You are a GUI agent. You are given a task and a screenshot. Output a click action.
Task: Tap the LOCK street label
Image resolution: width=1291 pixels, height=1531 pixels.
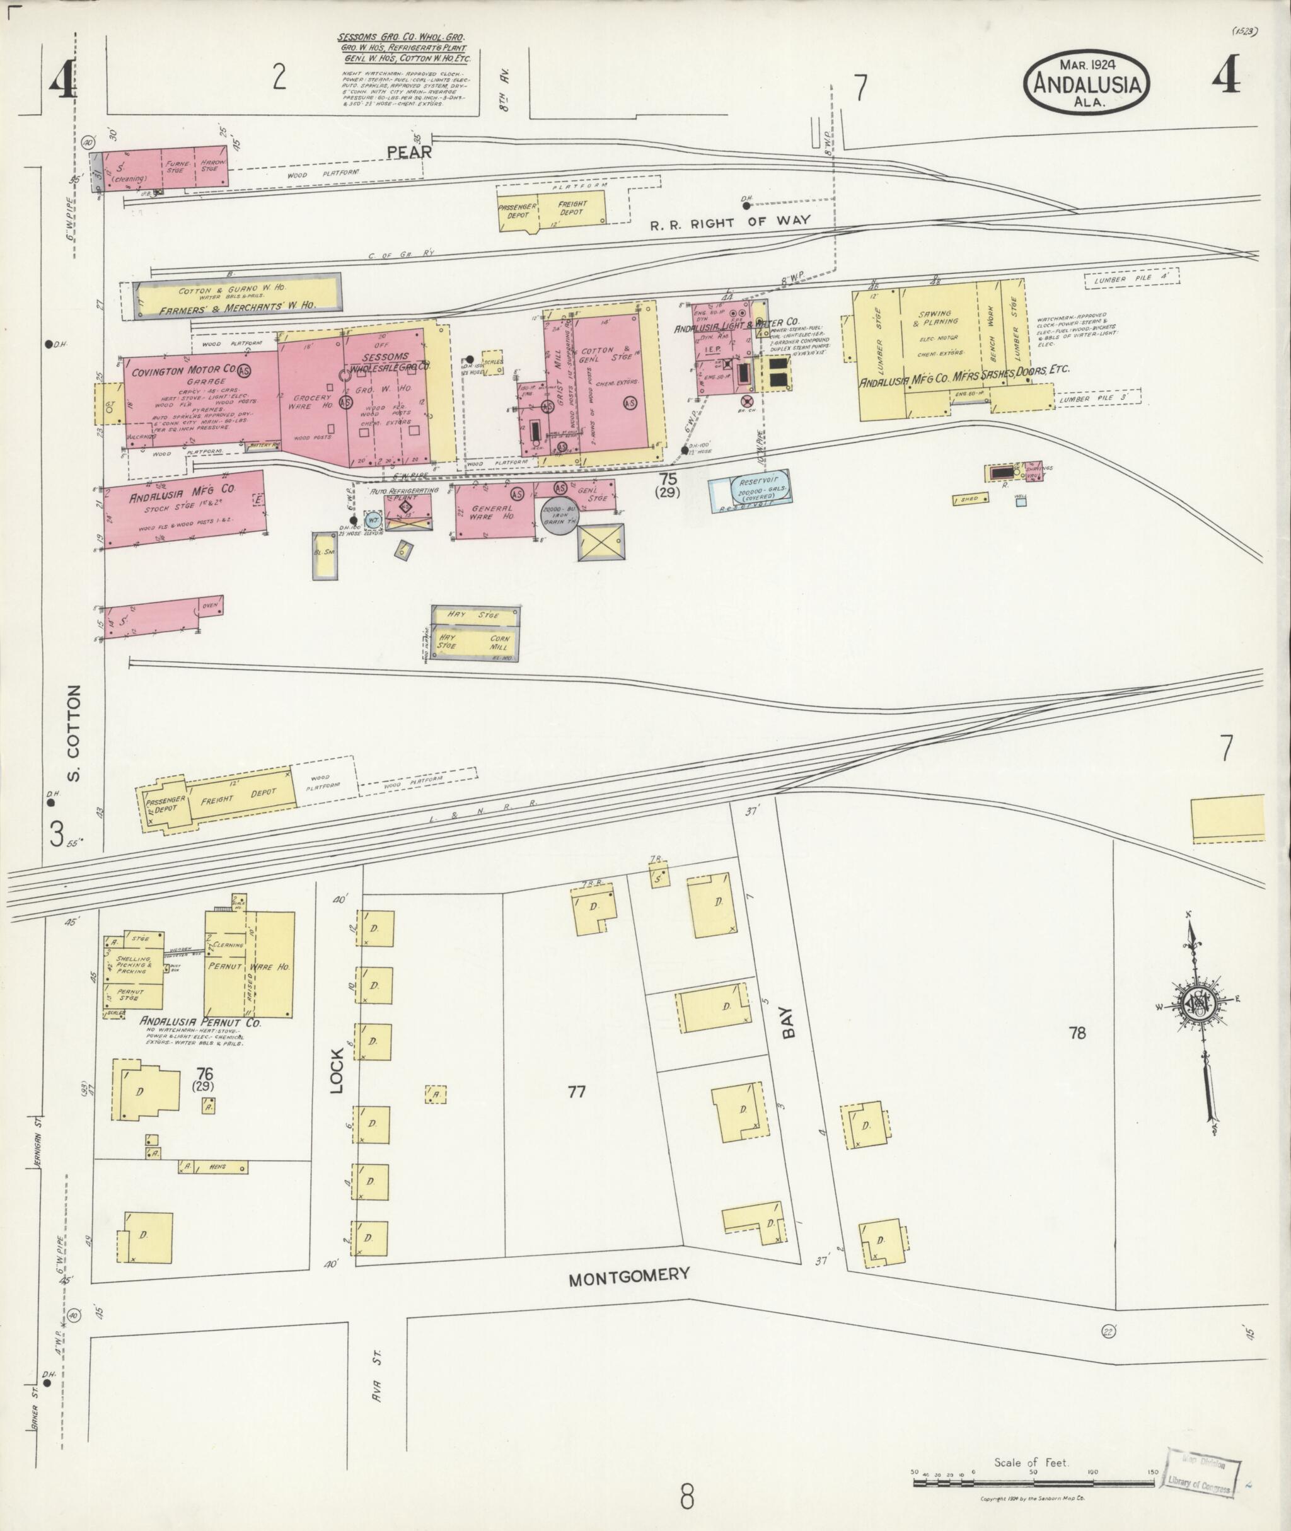337,1072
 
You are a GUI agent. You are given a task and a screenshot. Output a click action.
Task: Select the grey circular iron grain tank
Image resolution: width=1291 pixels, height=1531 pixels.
559,514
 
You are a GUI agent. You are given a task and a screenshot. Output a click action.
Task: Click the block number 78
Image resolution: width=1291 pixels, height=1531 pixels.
1077,1032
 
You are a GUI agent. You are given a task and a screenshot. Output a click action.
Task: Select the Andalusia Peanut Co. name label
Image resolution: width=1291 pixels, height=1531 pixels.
200,1023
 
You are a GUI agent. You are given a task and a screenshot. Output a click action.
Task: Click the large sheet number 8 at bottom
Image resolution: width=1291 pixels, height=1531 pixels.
686,1496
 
